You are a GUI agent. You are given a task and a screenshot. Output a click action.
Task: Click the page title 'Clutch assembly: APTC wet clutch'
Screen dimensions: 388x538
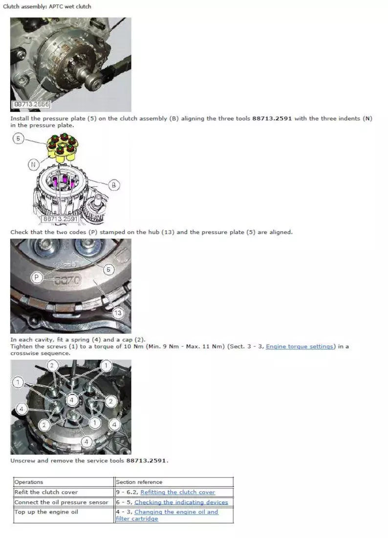pos(47,6)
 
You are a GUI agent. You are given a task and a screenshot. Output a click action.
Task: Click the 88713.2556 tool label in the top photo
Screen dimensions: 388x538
pos(31,104)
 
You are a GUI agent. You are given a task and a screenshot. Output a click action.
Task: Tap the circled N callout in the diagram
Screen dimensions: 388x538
pos(33,165)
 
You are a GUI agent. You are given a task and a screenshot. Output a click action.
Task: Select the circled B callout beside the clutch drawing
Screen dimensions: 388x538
pos(113,185)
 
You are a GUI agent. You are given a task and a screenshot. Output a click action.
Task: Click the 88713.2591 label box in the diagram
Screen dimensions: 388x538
pos(60,219)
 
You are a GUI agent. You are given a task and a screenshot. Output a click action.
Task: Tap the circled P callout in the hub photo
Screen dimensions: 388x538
pos(37,277)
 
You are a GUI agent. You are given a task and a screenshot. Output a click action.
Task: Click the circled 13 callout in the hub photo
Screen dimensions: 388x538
pos(118,313)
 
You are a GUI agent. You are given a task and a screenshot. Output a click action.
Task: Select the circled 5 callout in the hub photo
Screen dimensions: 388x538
pos(108,269)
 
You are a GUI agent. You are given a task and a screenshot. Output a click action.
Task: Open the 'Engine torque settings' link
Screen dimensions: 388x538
pos(300,346)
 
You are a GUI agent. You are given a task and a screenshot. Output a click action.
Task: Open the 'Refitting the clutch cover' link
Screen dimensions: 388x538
pos(178,492)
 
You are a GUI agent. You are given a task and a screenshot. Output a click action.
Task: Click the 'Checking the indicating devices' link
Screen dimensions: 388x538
pos(181,502)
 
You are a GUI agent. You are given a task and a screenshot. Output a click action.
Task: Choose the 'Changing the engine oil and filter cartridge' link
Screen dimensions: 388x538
pos(167,515)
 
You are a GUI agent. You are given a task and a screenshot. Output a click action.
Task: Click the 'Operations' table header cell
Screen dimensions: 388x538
pos(64,482)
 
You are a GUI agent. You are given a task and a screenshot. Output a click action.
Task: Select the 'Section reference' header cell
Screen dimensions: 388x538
pos(174,482)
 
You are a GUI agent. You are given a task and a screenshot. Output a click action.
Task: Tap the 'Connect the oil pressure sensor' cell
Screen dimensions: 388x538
pos(64,502)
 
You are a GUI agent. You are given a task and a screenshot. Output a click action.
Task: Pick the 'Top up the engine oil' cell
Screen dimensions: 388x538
pos(64,515)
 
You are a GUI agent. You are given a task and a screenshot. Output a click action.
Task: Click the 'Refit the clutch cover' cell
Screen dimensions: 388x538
pos(64,492)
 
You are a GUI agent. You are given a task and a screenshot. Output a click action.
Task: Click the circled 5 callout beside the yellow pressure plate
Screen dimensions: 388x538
pos(18,139)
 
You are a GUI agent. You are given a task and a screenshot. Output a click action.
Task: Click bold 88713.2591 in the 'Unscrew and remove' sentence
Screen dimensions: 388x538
pos(146,460)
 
